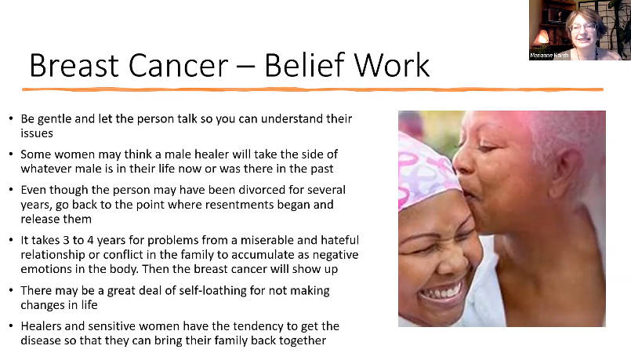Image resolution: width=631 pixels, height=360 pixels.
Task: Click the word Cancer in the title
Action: [178, 65]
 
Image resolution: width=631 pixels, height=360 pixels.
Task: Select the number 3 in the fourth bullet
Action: [66, 240]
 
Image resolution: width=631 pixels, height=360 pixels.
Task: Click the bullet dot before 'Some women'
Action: [11, 155]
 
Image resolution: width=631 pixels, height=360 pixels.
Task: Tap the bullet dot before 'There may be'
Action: [11, 291]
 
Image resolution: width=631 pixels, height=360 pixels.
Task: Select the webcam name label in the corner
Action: [549, 55]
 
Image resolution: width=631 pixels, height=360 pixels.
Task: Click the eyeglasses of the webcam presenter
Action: [582, 27]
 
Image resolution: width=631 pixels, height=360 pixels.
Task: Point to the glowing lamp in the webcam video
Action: [542, 37]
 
